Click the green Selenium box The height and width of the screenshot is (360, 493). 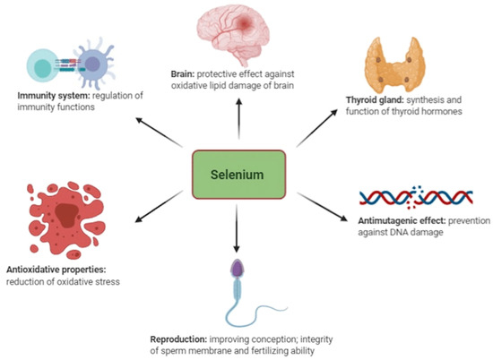coord(239,174)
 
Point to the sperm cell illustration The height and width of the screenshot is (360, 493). coord(235,296)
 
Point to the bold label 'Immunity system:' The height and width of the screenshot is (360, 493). coord(45,95)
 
